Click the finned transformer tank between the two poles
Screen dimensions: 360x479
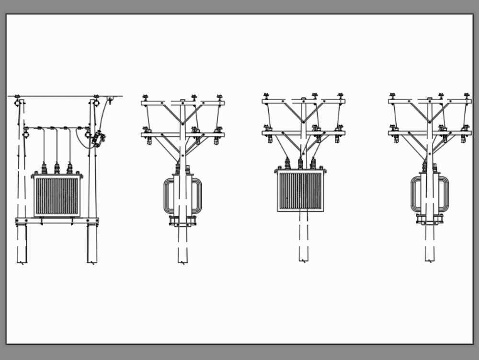(x=57, y=196)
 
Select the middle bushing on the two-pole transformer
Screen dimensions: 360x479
(x=57, y=168)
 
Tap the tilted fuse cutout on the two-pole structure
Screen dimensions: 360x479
(x=99, y=139)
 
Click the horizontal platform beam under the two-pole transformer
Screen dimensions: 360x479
(x=57, y=221)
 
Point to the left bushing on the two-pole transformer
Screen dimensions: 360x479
(x=44, y=168)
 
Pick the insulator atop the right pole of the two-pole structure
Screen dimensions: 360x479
(x=96, y=102)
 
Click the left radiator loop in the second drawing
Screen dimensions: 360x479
(x=169, y=196)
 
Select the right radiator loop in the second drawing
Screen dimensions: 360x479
(x=197, y=196)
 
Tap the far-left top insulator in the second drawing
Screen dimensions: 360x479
(x=146, y=97)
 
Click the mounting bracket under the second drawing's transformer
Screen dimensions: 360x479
(x=182, y=221)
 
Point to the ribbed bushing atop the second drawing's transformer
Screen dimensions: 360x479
(x=178, y=168)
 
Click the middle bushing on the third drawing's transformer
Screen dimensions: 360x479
(x=300, y=163)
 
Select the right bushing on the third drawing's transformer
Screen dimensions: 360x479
(x=313, y=163)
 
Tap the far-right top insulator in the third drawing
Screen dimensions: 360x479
(x=341, y=96)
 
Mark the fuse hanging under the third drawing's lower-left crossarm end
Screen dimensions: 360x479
(x=270, y=139)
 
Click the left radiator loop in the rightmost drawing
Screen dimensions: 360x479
(x=416, y=194)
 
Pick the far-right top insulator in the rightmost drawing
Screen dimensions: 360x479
(x=467, y=96)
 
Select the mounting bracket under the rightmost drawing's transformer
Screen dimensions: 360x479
(x=430, y=220)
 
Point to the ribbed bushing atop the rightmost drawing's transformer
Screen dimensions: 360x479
(x=424, y=167)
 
